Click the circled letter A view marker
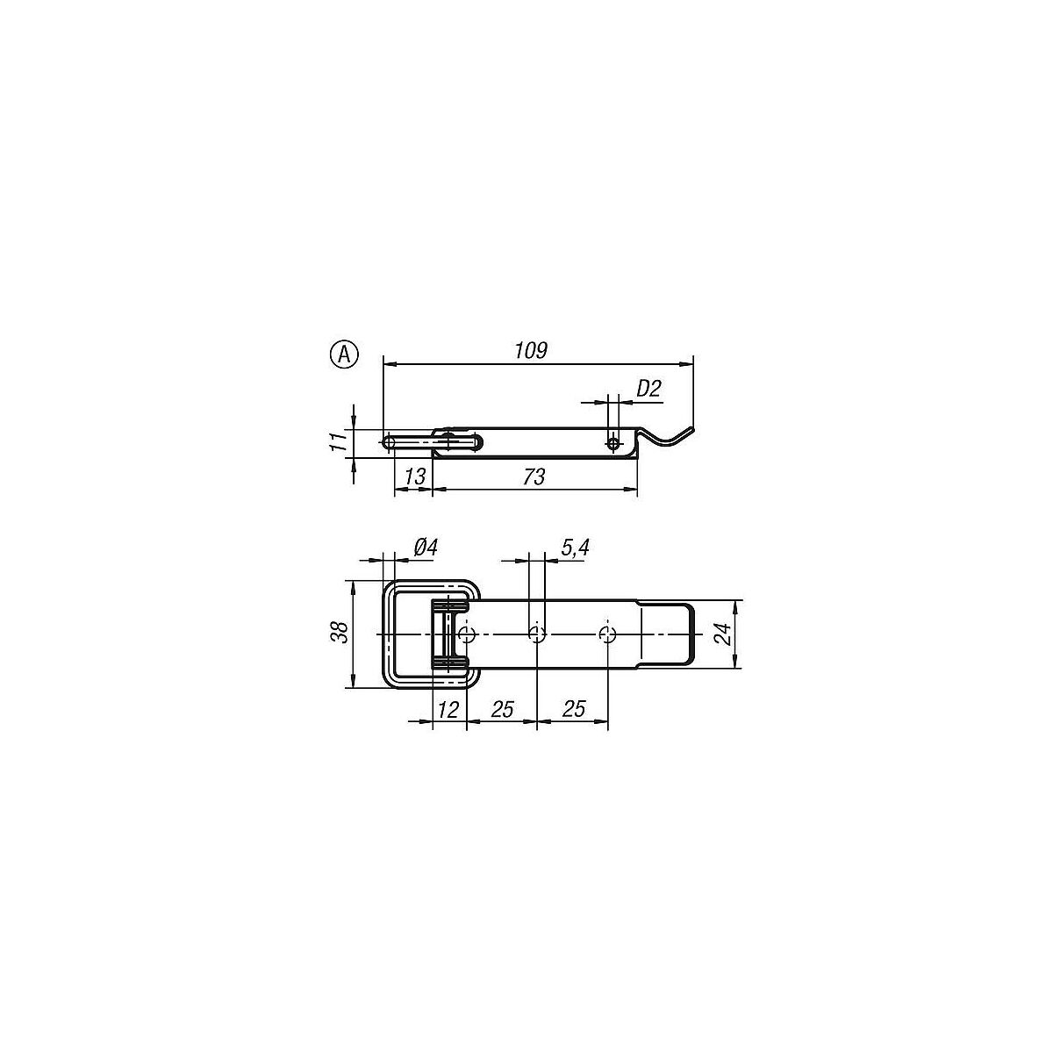point(344,355)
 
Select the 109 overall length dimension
point(531,350)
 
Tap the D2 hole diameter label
point(648,389)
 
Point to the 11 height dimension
point(339,440)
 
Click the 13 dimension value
point(415,476)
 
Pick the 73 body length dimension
point(534,476)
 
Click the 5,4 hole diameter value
point(575,548)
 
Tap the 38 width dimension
point(340,632)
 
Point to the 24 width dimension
point(724,634)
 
